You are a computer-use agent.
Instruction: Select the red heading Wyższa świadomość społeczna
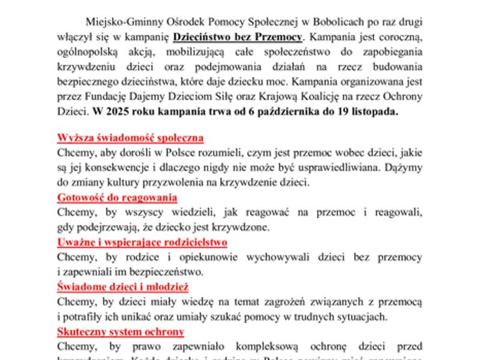tap(130, 138)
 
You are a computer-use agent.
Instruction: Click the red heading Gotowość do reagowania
tap(117, 197)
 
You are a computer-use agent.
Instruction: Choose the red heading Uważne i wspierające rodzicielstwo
tap(142, 242)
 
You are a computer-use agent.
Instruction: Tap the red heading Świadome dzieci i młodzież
tap(123, 287)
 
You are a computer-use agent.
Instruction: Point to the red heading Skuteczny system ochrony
tap(121, 332)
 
